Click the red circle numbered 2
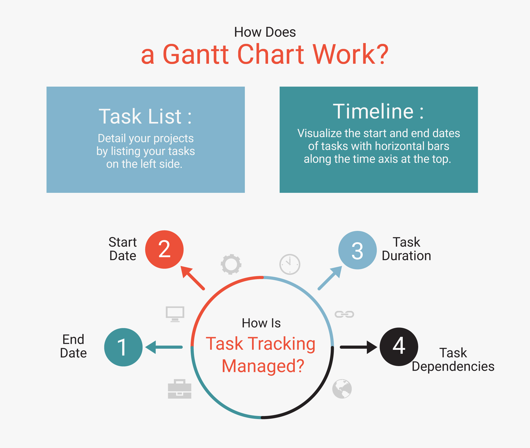point(164,249)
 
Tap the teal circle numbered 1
point(123,347)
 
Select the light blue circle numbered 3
point(357,250)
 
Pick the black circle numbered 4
point(399,347)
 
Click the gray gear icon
point(231,264)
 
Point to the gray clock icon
point(290,264)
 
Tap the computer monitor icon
point(175,314)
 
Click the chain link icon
point(344,314)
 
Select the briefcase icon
point(179,389)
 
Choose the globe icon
point(342,389)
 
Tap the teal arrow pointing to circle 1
point(164,347)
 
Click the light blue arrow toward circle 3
point(330,278)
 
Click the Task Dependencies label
point(453,360)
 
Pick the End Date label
point(73,346)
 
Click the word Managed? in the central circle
point(263,366)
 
